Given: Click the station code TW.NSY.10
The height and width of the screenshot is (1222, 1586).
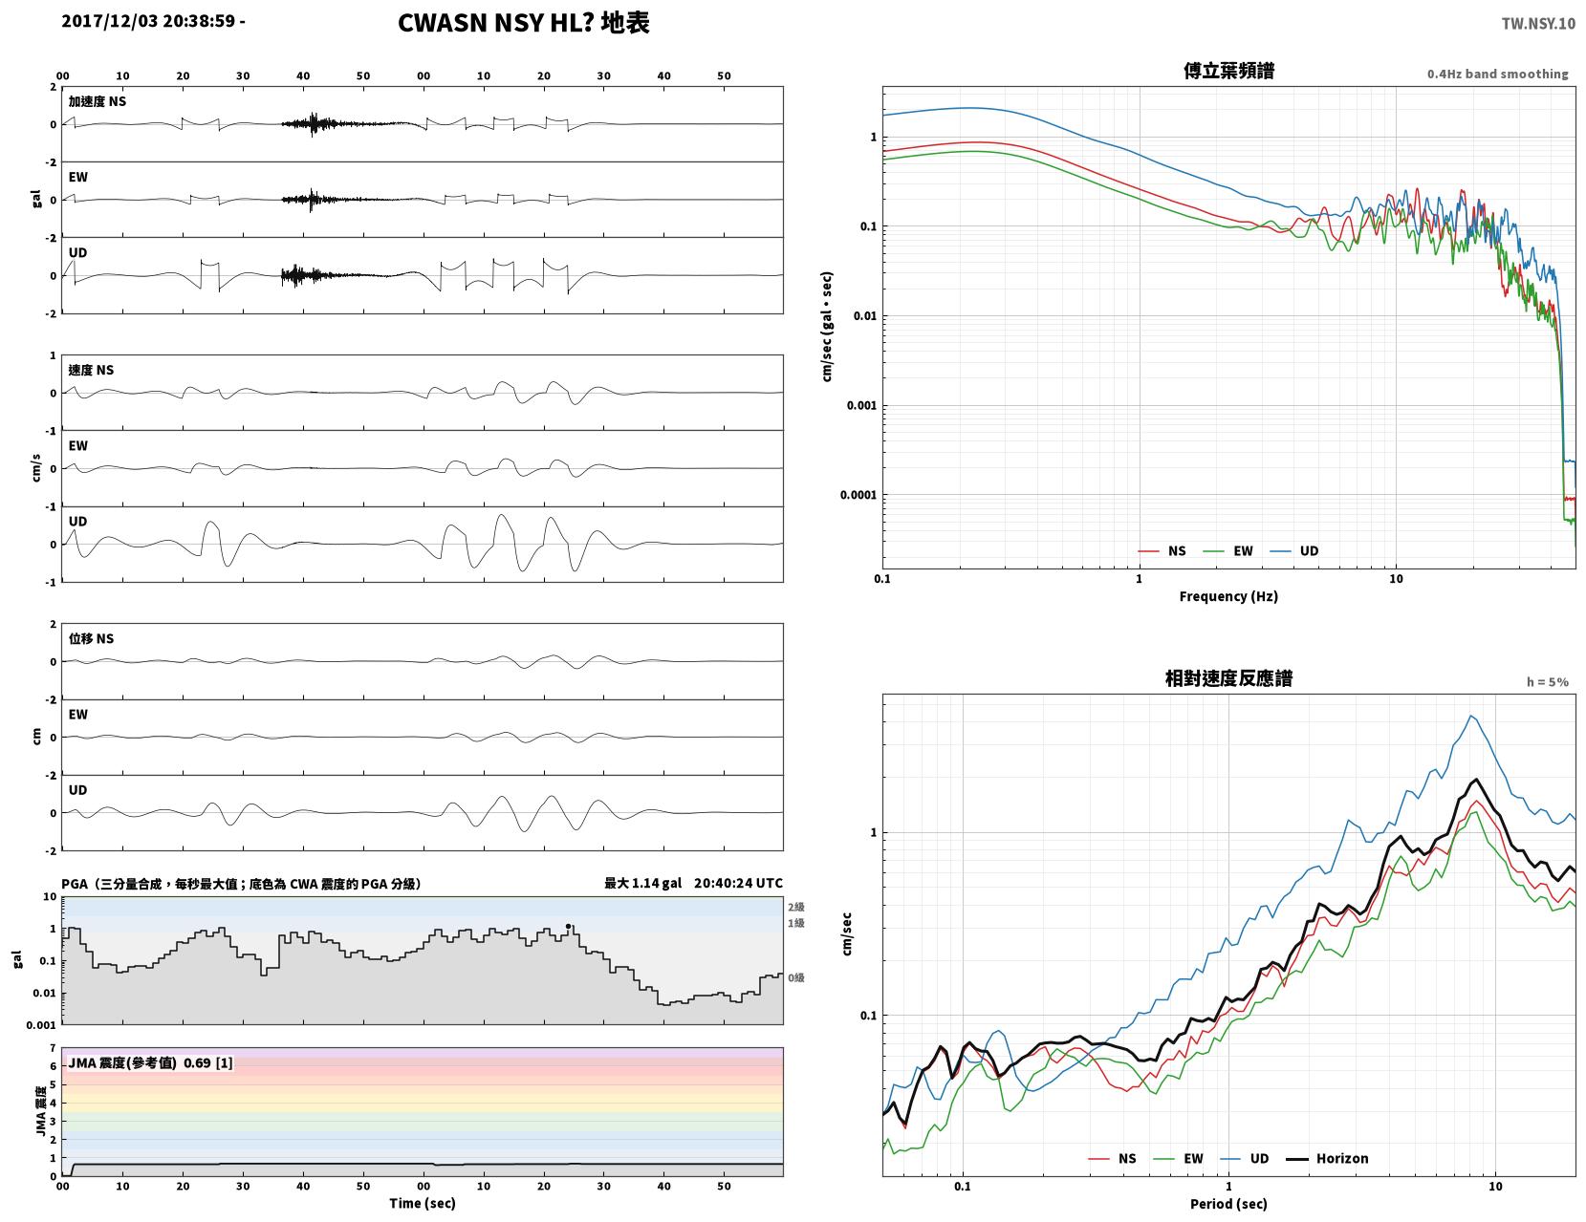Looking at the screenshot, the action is click(1538, 23).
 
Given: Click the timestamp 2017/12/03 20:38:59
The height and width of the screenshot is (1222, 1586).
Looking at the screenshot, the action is click(148, 21).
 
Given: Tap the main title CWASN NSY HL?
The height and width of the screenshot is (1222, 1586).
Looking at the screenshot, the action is click(495, 23).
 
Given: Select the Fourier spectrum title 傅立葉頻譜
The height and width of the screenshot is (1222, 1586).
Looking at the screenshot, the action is click(1228, 71).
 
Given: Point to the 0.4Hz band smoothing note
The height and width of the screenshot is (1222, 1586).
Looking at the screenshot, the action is click(1497, 74).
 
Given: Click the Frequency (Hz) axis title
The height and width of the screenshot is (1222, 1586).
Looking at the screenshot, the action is click(1228, 596).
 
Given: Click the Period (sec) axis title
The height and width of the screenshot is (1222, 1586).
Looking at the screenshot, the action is click(1228, 1204).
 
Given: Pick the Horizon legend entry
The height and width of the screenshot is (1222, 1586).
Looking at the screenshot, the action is click(1327, 1159).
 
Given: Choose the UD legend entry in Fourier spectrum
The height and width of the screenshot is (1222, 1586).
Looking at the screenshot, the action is click(1294, 551).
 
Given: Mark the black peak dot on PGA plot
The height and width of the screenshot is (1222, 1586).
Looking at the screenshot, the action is click(568, 927).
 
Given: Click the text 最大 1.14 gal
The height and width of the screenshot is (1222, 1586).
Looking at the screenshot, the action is click(642, 883).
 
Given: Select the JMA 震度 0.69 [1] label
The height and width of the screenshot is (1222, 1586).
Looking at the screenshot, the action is click(150, 1063).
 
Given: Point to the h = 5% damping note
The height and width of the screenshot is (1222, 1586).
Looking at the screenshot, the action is click(1547, 682).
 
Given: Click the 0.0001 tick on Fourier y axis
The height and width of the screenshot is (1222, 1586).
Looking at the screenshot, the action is click(858, 495).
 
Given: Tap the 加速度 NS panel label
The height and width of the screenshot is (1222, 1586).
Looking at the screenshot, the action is click(98, 101).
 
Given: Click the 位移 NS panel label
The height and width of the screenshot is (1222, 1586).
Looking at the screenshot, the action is click(91, 638).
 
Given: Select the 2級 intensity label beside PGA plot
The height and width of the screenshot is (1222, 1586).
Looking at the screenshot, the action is click(795, 907).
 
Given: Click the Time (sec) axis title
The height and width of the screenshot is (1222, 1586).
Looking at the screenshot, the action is click(422, 1203).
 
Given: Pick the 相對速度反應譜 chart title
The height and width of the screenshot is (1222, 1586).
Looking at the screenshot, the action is click(1228, 678).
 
